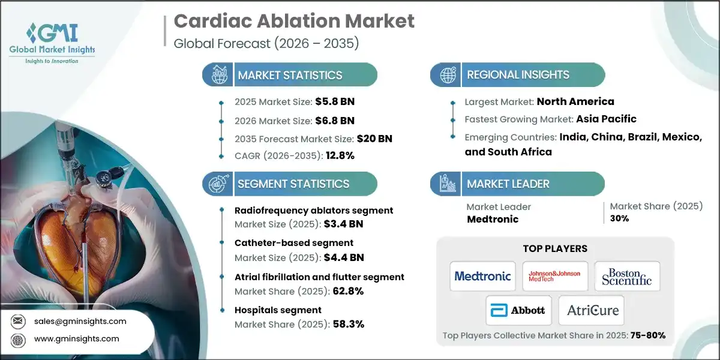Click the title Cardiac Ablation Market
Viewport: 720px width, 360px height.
click(294, 22)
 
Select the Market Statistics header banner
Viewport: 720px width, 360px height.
click(290, 75)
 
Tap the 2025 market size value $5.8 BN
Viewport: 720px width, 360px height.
click(331, 101)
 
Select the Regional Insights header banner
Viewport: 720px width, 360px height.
click(517, 75)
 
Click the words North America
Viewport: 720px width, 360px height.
click(575, 101)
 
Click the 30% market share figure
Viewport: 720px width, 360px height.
click(619, 218)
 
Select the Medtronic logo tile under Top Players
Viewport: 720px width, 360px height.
click(482, 276)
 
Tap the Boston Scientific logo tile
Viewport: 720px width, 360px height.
click(627, 276)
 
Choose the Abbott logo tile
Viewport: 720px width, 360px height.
click(518, 310)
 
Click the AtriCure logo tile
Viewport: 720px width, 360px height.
click(591, 310)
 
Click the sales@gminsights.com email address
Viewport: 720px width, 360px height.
click(81, 321)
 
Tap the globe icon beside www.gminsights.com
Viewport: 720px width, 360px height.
click(17, 338)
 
